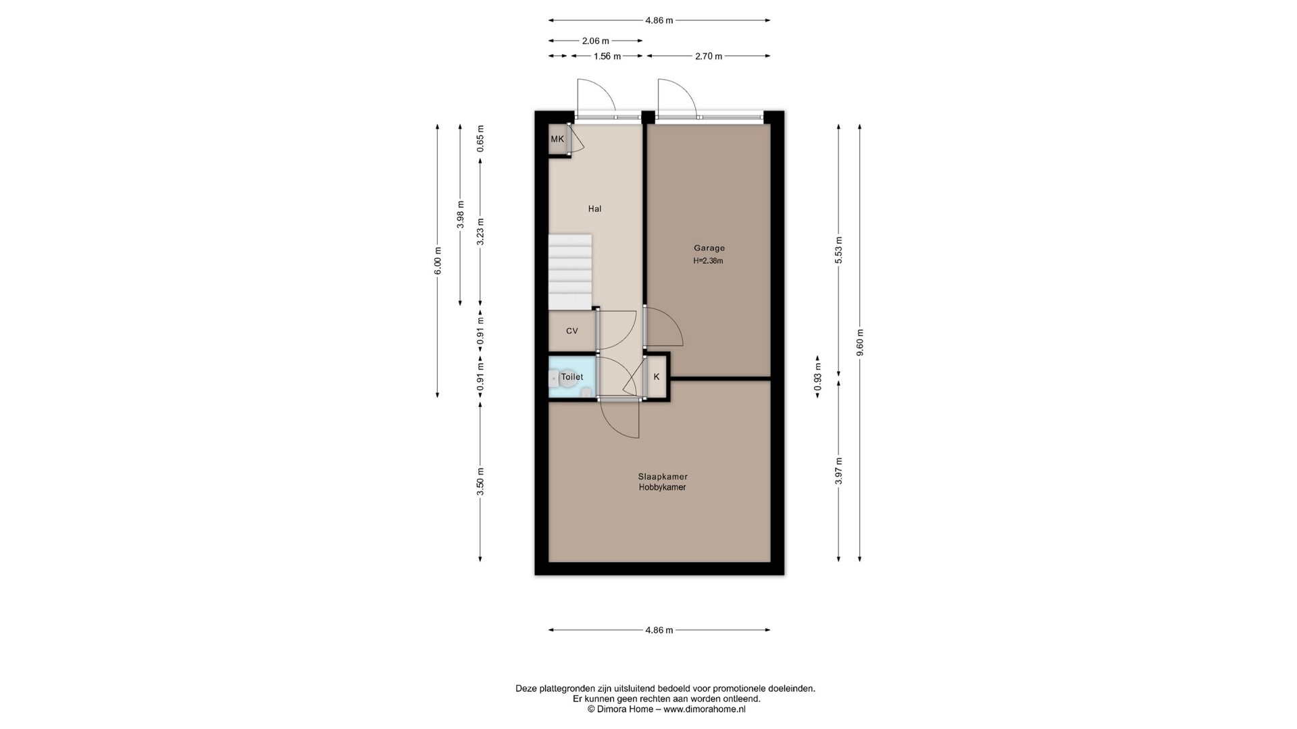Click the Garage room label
(709, 248)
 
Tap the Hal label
(594, 209)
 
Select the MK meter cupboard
(557, 140)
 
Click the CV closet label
(572, 331)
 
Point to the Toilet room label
(572, 377)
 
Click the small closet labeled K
(656, 377)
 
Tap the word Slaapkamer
(663, 477)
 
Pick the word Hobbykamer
(663, 487)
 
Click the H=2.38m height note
(708, 261)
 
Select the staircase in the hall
(570, 272)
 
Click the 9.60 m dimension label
(859, 342)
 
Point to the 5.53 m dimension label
(838, 250)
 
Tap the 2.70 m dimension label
(709, 56)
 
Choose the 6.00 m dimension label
(437, 261)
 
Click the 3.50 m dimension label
(480, 482)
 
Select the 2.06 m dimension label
(596, 41)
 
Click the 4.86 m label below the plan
(659, 630)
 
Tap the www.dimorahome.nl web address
(705, 709)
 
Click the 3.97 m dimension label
(838, 470)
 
